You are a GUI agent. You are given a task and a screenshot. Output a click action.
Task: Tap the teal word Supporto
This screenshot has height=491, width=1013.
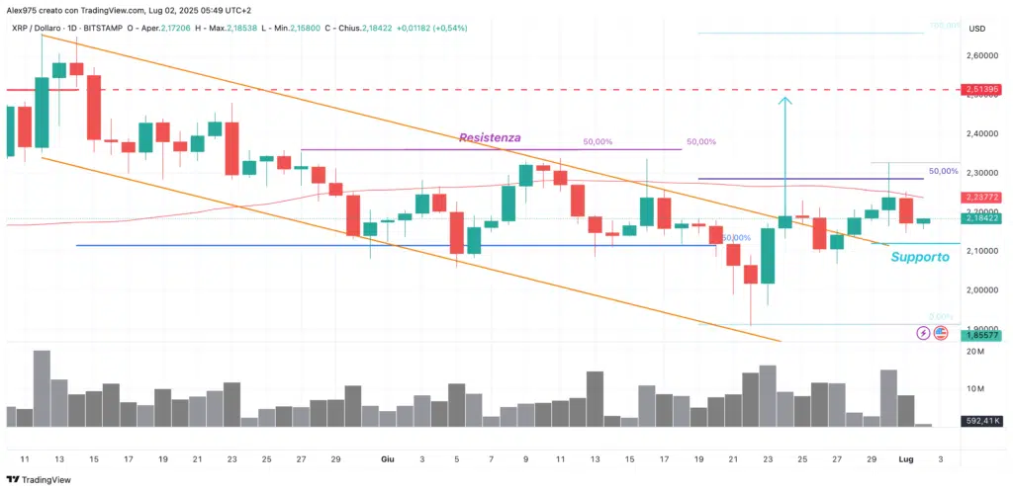point(920,257)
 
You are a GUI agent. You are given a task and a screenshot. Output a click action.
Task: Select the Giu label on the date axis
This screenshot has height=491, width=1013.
point(388,458)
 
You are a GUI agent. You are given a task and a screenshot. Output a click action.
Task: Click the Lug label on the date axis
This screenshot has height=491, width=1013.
point(905,458)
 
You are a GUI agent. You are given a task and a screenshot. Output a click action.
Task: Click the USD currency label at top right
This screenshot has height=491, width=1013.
point(977,28)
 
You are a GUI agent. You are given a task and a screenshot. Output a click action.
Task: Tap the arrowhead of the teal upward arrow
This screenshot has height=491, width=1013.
point(785,100)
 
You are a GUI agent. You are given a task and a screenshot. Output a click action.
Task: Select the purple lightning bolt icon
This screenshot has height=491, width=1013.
point(923,333)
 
